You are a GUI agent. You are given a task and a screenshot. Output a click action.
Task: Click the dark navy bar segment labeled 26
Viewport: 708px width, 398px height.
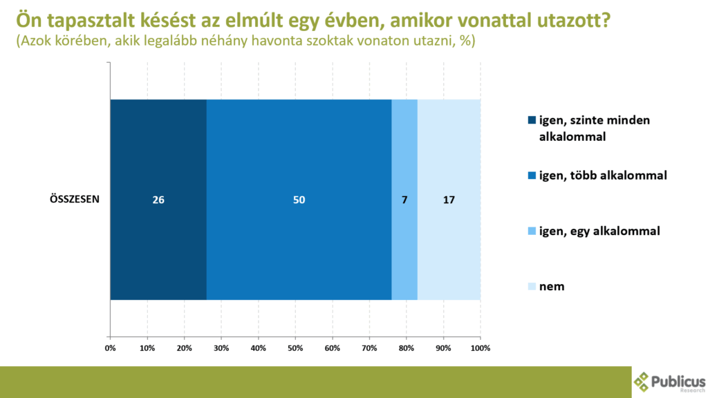[158, 200]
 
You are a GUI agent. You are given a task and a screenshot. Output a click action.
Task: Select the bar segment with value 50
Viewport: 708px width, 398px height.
[299, 200]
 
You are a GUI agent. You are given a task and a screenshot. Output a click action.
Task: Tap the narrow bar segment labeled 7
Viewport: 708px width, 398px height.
[404, 200]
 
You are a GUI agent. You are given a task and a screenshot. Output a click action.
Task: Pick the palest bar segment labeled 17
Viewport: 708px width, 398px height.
[449, 200]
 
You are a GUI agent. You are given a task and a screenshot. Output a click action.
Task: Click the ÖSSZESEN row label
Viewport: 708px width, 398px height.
[75, 200]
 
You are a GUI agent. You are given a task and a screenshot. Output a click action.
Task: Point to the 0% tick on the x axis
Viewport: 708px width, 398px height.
[110, 348]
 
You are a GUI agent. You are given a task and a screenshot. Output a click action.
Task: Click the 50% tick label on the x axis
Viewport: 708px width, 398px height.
[295, 348]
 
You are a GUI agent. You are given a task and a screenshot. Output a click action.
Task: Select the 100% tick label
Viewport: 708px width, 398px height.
[480, 348]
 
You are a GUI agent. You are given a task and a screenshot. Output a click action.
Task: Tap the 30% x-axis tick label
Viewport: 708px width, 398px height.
[221, 348]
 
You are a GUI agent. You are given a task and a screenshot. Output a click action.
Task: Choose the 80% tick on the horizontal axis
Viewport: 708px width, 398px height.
[406, 348]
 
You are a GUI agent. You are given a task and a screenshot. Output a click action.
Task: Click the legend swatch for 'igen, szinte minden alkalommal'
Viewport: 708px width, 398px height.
[532, 120]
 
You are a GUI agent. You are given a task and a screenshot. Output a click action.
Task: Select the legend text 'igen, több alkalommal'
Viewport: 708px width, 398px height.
[602, 176]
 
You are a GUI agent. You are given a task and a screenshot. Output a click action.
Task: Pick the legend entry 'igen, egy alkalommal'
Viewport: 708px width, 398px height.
[599, 231]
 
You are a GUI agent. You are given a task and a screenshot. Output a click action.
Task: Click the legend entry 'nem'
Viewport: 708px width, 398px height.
[552, 286]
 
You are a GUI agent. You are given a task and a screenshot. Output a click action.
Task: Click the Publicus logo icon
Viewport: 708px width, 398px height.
[643, 381]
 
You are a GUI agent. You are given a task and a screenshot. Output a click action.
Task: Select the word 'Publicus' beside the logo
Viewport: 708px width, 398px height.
[679, 380]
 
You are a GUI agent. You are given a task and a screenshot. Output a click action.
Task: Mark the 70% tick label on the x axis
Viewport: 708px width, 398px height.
[369, 348]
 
